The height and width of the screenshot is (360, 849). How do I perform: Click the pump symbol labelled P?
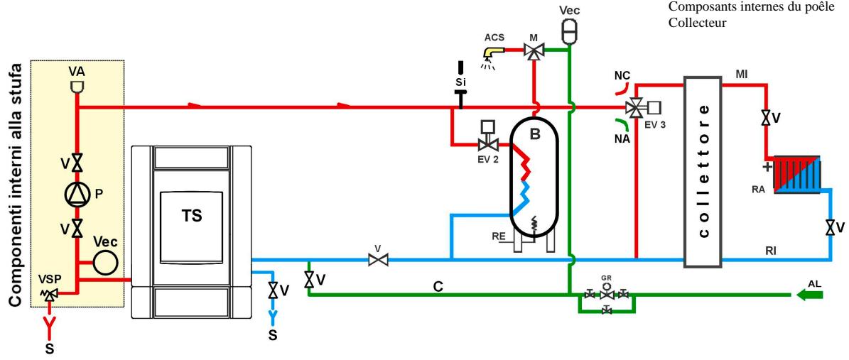tap(77, 195)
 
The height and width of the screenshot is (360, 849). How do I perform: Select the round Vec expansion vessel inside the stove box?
tap(106, 262)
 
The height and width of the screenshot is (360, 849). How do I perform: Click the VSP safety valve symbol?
tap(50, 293)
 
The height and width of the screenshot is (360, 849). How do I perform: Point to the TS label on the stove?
tap(192, 215)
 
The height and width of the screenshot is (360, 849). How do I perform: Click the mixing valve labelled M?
tap(534, 51)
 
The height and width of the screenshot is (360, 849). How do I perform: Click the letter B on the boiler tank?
tap(535, 133)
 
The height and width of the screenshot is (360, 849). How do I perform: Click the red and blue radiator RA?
tap(797, 174)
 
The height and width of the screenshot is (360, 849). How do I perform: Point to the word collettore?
tap(703, 171)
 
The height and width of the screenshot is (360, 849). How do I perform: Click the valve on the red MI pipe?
tap(766, 118)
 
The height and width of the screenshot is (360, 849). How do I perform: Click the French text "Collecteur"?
tap(697, 23)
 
